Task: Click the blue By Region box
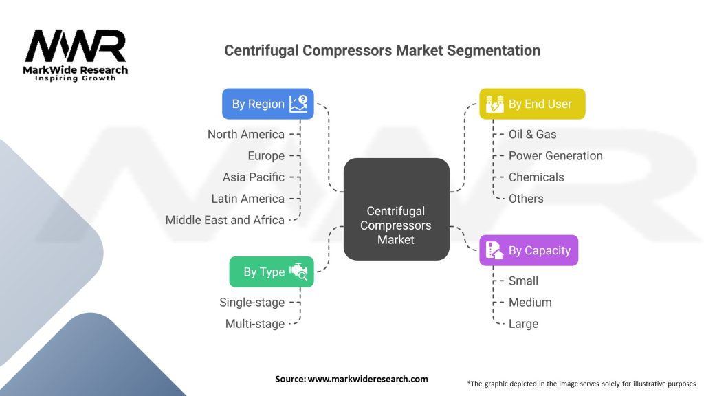pos(268,104)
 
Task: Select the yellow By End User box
pos(532,104)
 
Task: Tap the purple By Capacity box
pos(529,250)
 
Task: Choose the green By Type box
pos(272,272)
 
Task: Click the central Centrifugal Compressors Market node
pos(397,209)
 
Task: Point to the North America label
pos(246,134)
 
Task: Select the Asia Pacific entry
pos(254,177)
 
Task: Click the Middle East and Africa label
pos(225,220)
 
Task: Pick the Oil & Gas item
pos(533,134)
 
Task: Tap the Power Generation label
pos(555,156)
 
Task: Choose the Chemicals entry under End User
pos(536,177)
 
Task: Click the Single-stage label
pos(252,302)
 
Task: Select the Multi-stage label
pos(255,324)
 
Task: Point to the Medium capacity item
pos(530,302)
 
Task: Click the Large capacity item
pos(523,324)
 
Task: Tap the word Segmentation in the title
pos(494,50)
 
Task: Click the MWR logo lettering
pos(76,46)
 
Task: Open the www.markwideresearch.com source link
pos(368,379)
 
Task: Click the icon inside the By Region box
pos(298,104)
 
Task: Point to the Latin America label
pos(247,199)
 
